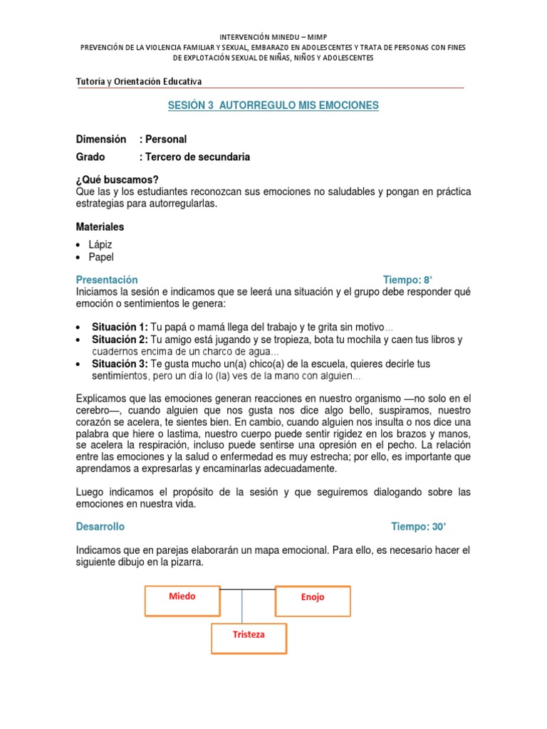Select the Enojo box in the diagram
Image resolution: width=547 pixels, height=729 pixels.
pos(313,600)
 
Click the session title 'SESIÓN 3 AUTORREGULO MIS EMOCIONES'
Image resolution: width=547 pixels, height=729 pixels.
pos(273,105)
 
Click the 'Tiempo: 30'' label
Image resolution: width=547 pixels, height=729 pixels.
pos(419,527)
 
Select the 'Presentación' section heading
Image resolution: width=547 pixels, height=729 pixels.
pos(107,280)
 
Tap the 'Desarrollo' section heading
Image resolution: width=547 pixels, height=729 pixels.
pos(100,527)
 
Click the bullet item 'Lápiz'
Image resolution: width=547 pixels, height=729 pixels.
pos(100,244)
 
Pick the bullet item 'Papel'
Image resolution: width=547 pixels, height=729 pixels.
pos(101,257)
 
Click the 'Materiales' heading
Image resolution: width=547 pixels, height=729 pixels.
pos(100,226)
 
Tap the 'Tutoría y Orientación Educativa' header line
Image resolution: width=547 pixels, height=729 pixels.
pos(139,82)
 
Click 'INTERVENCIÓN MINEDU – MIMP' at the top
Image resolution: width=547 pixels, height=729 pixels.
pos(273,36)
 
